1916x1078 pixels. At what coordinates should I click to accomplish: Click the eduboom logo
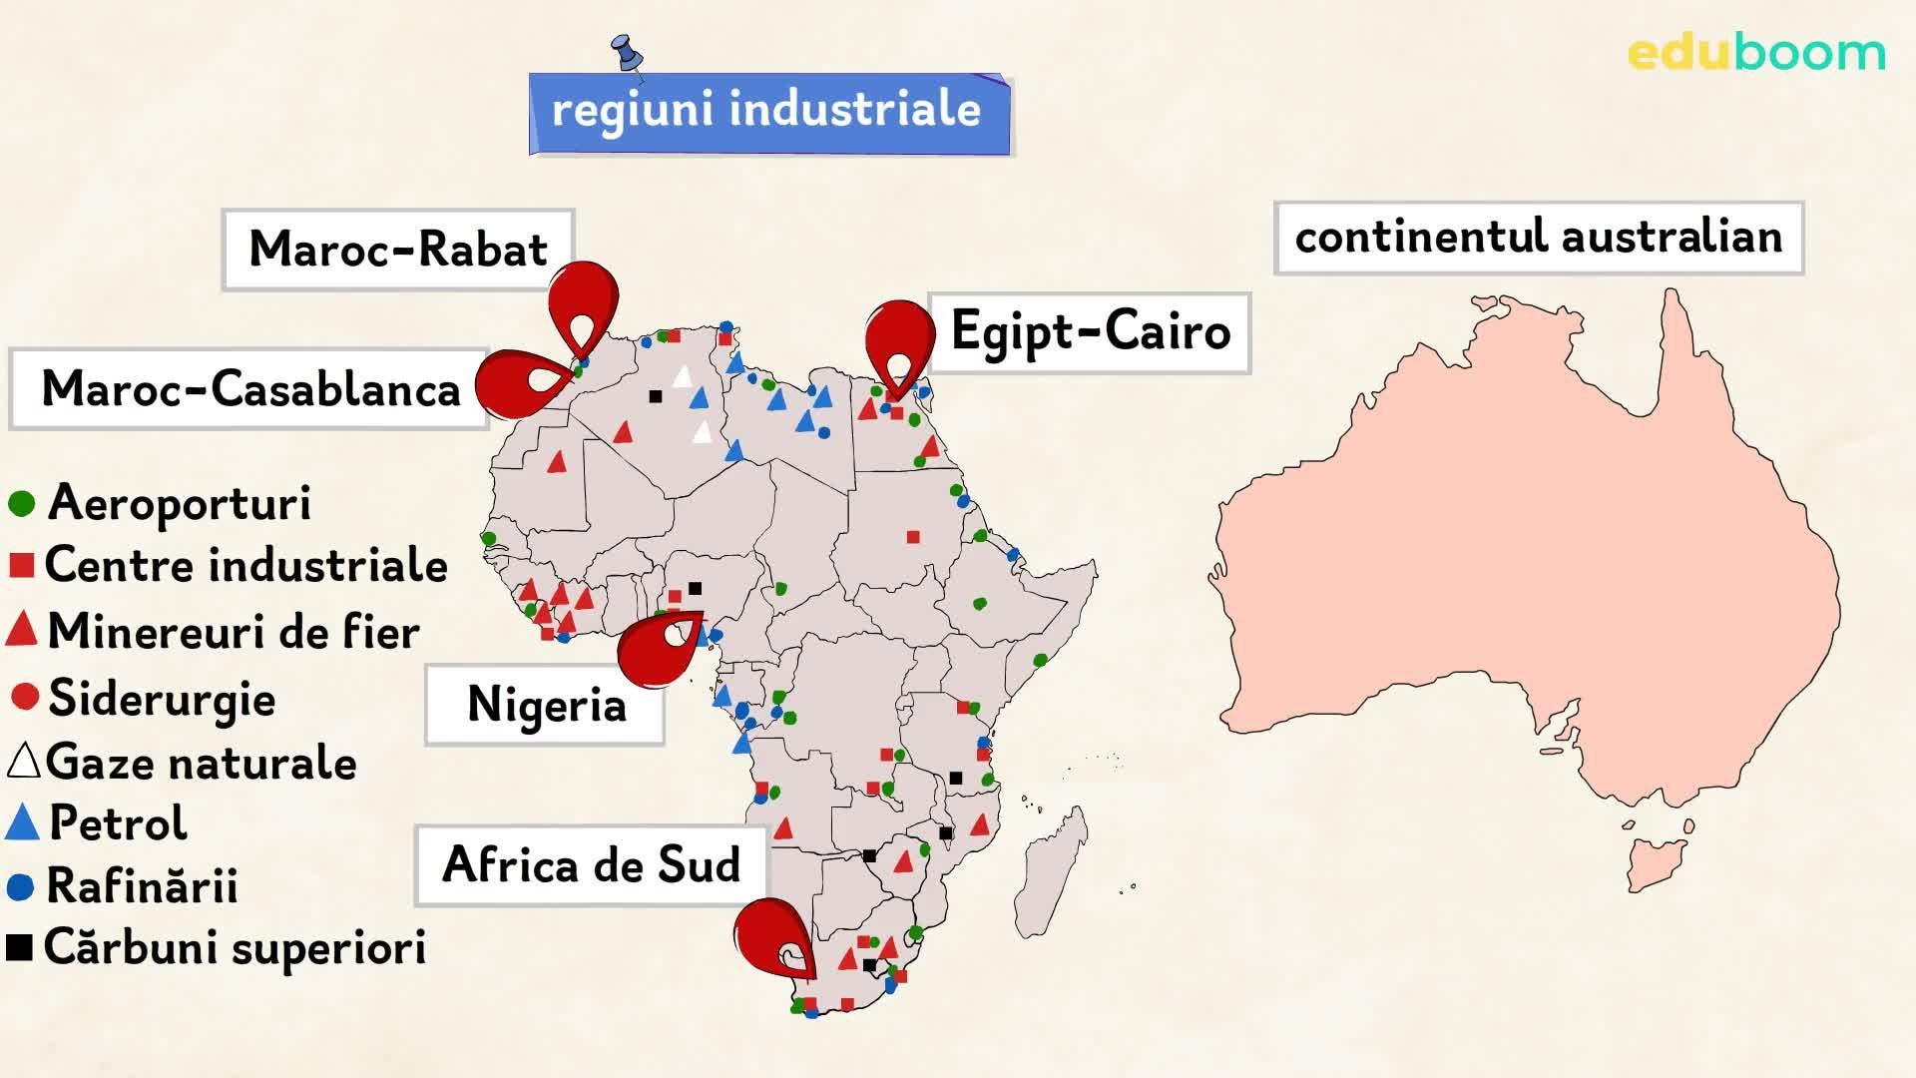click(1756, 53)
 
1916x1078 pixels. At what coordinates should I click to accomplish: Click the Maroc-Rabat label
click(397, 250)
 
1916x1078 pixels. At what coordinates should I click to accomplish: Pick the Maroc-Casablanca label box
click(249, 389)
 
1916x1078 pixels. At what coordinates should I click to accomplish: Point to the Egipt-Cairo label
click(1090, 332)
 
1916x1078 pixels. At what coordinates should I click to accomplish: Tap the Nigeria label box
click(545, 705)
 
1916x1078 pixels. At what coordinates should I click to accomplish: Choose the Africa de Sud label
click(591, 865)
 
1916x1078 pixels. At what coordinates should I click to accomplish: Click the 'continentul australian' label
click(1538, 238)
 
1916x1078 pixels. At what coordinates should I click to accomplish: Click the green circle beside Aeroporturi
click(21, 503)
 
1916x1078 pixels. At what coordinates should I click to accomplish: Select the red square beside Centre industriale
click(21, 566)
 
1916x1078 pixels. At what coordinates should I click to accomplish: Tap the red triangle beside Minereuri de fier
click(21, 631)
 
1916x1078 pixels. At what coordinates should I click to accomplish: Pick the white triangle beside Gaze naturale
click(22, 762)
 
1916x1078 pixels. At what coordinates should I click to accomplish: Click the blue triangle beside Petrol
click(21, 823)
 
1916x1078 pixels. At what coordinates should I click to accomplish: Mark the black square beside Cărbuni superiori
click(19, 947)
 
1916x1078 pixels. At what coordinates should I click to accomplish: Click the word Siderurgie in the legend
click(162, 698)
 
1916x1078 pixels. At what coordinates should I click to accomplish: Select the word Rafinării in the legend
click(142, 886)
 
